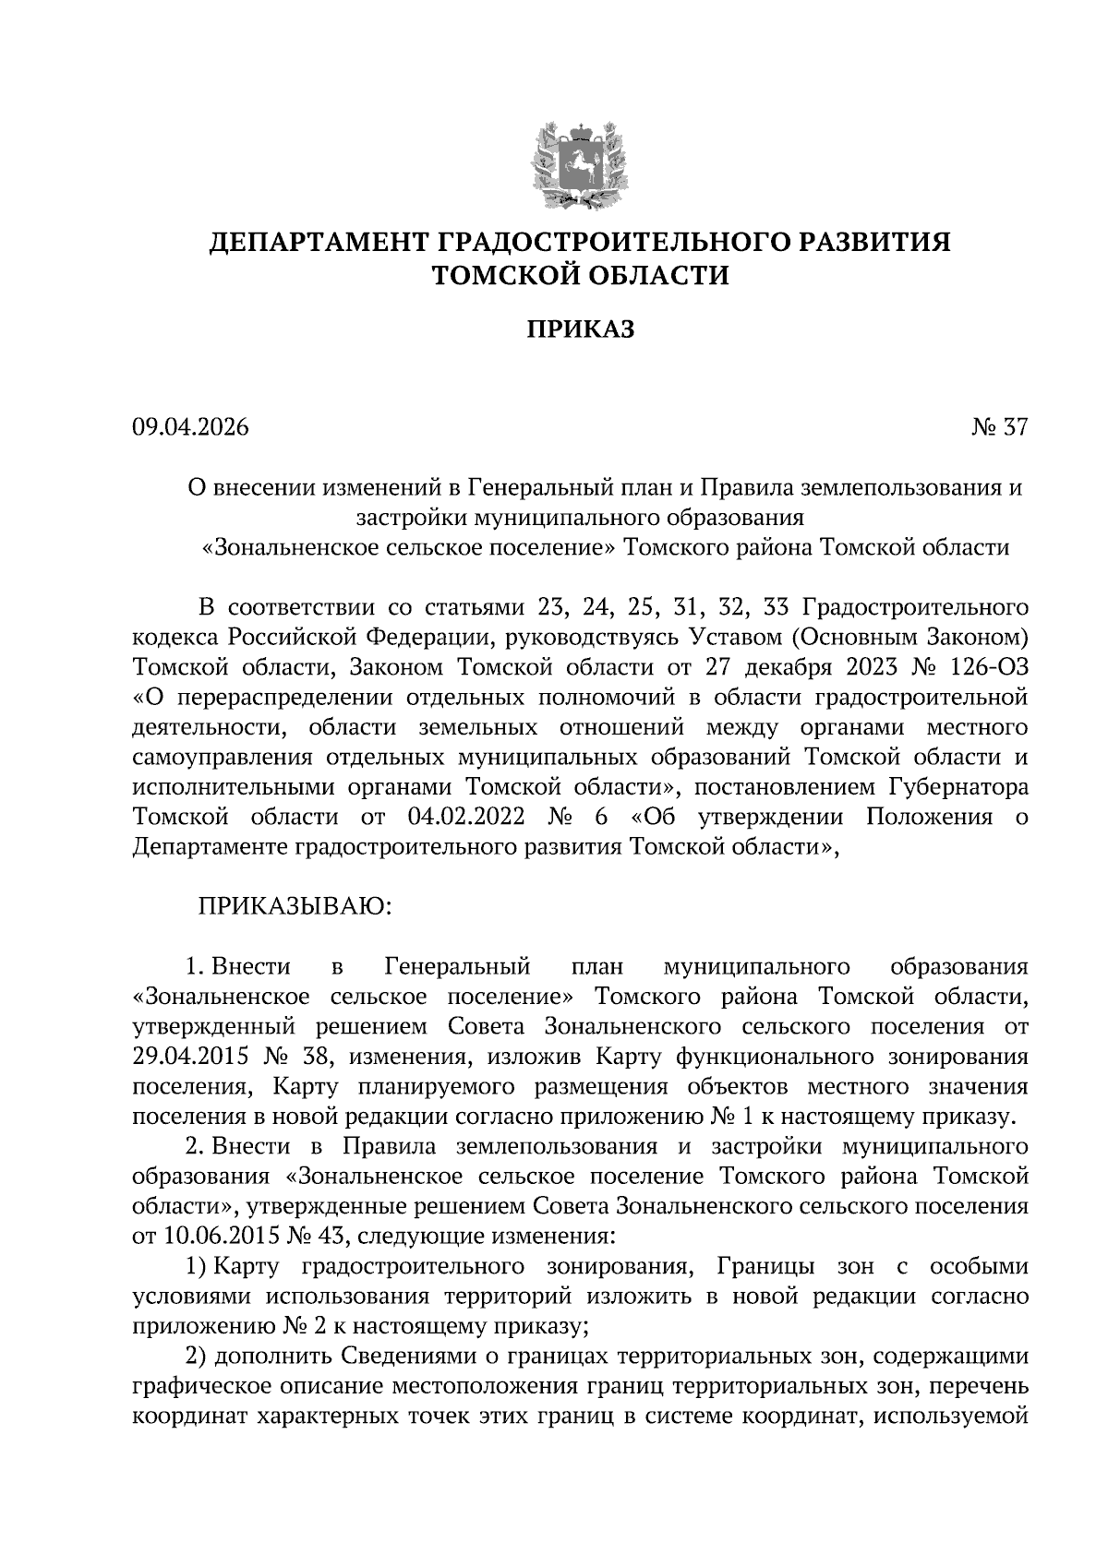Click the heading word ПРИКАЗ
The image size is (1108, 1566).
coord(580,329)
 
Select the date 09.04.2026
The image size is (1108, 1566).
coord(190,427)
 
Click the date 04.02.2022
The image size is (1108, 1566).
coord(465,817)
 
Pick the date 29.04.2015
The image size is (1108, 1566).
coord(191,1057)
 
